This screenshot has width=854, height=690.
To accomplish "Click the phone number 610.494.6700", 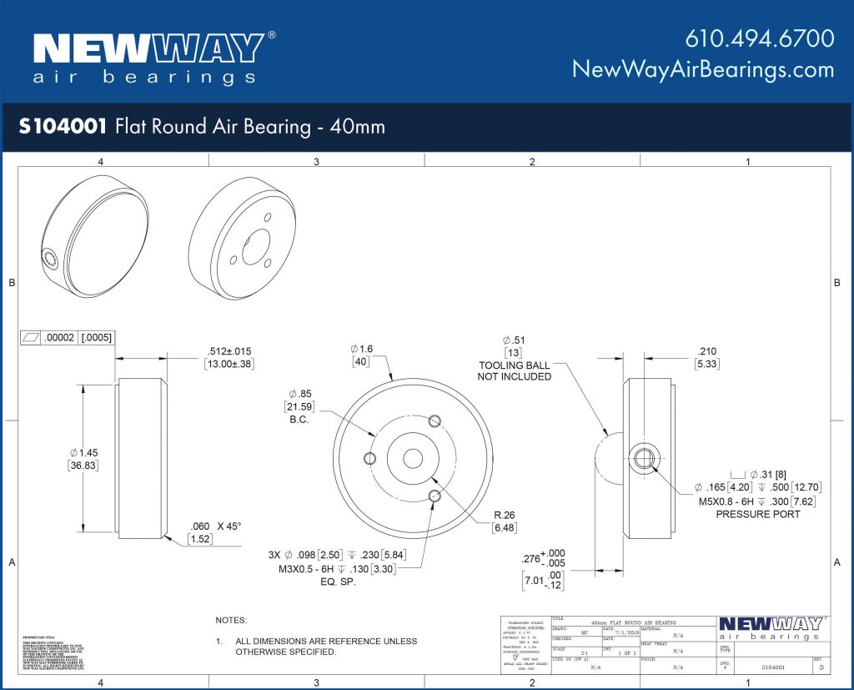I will pos(759,38).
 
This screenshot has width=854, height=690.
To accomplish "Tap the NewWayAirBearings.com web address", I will pos(702,69).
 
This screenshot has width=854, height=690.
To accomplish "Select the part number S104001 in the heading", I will pos(63,127).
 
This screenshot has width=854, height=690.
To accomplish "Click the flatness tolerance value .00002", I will pos(58,338).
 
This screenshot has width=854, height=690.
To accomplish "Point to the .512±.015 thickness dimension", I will pos(229,351).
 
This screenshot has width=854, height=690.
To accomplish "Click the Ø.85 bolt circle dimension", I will pos(300,393).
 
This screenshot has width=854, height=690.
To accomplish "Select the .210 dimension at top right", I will pos(706,351).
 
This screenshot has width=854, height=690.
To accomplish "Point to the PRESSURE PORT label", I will pos(757,514).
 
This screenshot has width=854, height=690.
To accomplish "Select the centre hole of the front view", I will pos(413,458).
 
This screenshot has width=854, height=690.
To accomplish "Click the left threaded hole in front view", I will pos(371,458).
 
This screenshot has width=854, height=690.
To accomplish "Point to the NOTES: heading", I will pos(231,620).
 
